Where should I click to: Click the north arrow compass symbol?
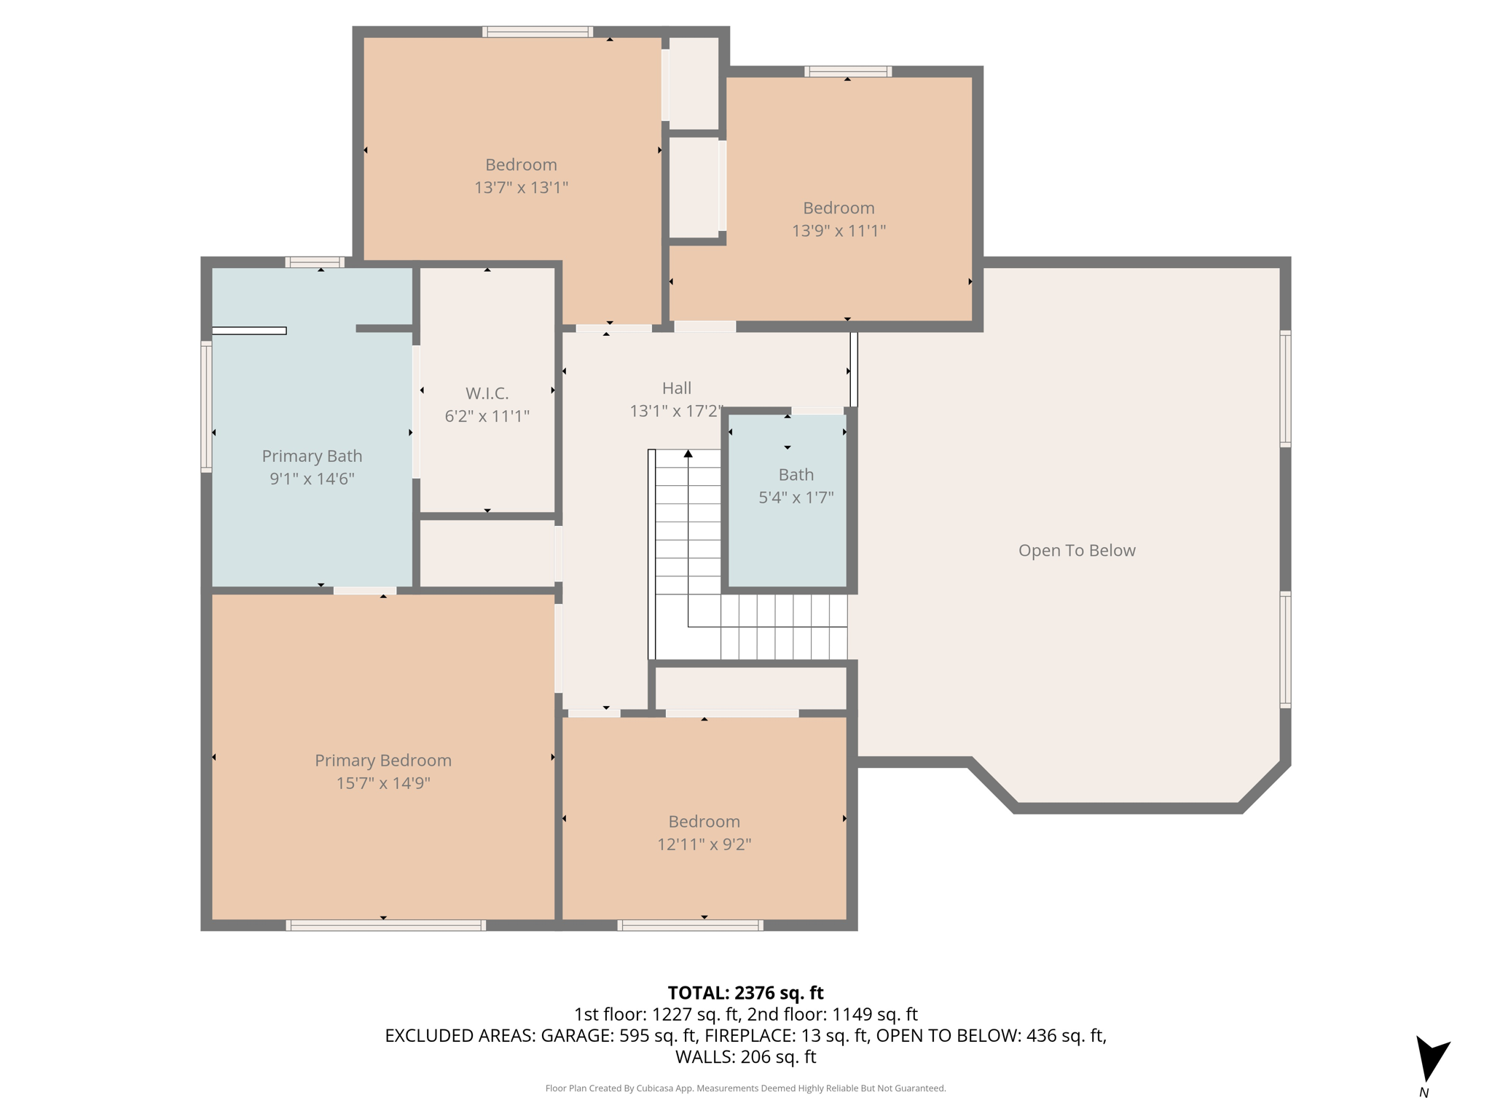[1431, 1060]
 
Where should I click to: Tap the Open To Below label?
[1076, 550]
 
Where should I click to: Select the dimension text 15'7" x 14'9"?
[383, 783]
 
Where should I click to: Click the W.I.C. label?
[487, 393]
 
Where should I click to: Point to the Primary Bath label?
[312, 456]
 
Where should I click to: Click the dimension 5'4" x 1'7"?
[796, 498]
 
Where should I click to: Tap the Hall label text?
[676, 388]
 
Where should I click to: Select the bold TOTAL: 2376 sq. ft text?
[745, 993]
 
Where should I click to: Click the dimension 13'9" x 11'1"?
[839, 231]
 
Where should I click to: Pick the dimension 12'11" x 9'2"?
[704, 844]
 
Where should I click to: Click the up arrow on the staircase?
[688, 455]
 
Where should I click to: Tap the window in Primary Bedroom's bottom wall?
[385, 925]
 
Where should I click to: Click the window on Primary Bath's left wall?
[206, 407]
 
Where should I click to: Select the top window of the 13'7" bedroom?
[538, 31]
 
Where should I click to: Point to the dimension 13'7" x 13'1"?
[521, 188]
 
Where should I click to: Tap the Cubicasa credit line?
[745, 1088]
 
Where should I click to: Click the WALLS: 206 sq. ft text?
[745, 1057]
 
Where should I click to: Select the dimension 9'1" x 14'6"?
[312, 479]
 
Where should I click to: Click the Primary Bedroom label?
[383, 761]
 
